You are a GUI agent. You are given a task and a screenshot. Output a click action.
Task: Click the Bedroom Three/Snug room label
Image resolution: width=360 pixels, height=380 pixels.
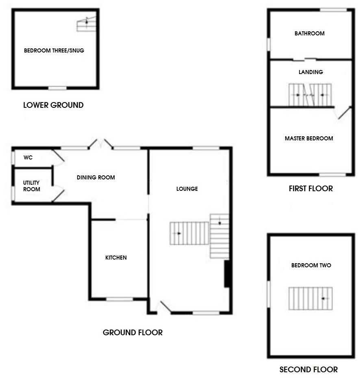pyautogui.click(x=54, y=51)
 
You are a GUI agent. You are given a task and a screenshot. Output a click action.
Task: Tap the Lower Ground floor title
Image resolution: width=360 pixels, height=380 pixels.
pyautogui.click(x=53, y=105)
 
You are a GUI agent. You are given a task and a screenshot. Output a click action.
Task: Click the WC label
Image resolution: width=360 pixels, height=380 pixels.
pyautogui.click(x=28, y=157)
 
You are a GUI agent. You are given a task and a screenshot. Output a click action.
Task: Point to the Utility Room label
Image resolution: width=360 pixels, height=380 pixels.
pyautogui.click(x=31, y=186)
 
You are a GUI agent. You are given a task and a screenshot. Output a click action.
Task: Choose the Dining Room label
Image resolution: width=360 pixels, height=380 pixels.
pyautogui.click(x=96, y=177)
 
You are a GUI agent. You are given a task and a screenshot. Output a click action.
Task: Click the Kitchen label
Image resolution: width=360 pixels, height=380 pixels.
pyautogui.click(x=116, y=258)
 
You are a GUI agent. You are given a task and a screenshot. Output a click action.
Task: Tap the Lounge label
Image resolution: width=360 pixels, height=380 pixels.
pyautogui.click(x=187, y=189)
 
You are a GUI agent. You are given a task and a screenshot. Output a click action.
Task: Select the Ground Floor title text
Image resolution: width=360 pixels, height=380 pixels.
pyautogui.click(x=132, y=333)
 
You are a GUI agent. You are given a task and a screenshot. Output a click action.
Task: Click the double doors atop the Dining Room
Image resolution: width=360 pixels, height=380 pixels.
pyautogui.click(x=101, y=143)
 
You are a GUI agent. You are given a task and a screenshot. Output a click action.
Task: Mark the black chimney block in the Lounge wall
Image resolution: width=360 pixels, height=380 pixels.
pyautogui.click(x=228, y=274)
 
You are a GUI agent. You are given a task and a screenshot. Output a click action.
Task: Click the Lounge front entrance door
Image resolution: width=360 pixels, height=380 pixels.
pyautogui.click(x=165, y=308)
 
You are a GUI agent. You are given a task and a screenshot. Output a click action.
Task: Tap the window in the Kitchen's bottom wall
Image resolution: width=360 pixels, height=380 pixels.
pyautogui.click(x=119, y=300)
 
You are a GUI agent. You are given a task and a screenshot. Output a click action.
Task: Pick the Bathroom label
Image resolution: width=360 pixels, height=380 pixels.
pyautogui.click(x=309, y=33)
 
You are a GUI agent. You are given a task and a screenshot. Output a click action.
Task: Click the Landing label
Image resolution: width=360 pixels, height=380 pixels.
pyautogui.click(x=310, y=72)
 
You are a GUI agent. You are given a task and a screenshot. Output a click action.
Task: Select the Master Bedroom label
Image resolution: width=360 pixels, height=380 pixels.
pyautogui.click(x=309, y=138)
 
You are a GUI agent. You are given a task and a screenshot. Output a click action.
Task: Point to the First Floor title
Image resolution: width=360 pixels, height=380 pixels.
pyautogui.click(x=310, y=189)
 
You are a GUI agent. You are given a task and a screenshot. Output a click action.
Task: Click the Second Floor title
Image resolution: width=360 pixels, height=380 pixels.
pyautogui.click(x=308, y=370)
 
